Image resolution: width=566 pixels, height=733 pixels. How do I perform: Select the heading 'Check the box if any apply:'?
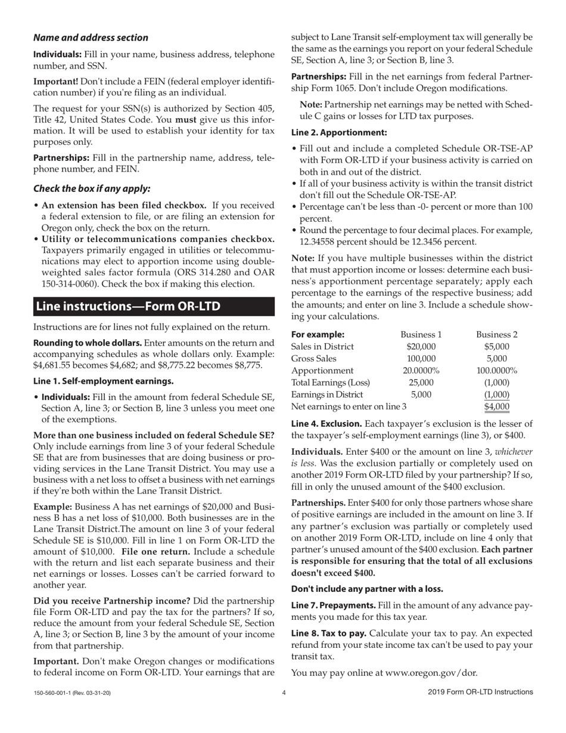[x=92, y=188]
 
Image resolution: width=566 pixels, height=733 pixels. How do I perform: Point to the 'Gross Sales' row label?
[x=313, y=358]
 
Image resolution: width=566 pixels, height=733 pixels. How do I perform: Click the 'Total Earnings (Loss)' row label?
[x=330, y=382]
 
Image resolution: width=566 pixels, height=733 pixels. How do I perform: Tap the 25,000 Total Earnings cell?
[x=421, y=382]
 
